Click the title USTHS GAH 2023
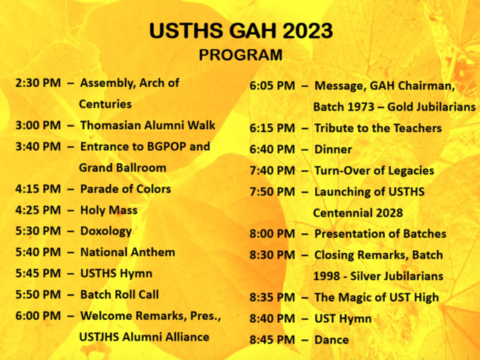[241, 30]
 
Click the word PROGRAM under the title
[241, 55]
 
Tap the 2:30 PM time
[38, 83]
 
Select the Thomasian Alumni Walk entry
[148, 125]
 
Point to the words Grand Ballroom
[123, 168]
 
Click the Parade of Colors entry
[126, 189]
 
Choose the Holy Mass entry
[108, 210]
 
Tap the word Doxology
[106, 232]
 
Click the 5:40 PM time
[38, 252]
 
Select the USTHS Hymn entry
[116, 273]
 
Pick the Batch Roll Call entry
[120, 295]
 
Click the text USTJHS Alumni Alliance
[144, 337]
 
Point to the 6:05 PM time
[273, 85]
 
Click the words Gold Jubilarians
[431, 107]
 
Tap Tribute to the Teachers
[378, 128]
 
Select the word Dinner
[333, 149]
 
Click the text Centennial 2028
[358, 213]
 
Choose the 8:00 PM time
[273, 234]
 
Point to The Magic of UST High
[377, 298]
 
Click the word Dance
[331, 340]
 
